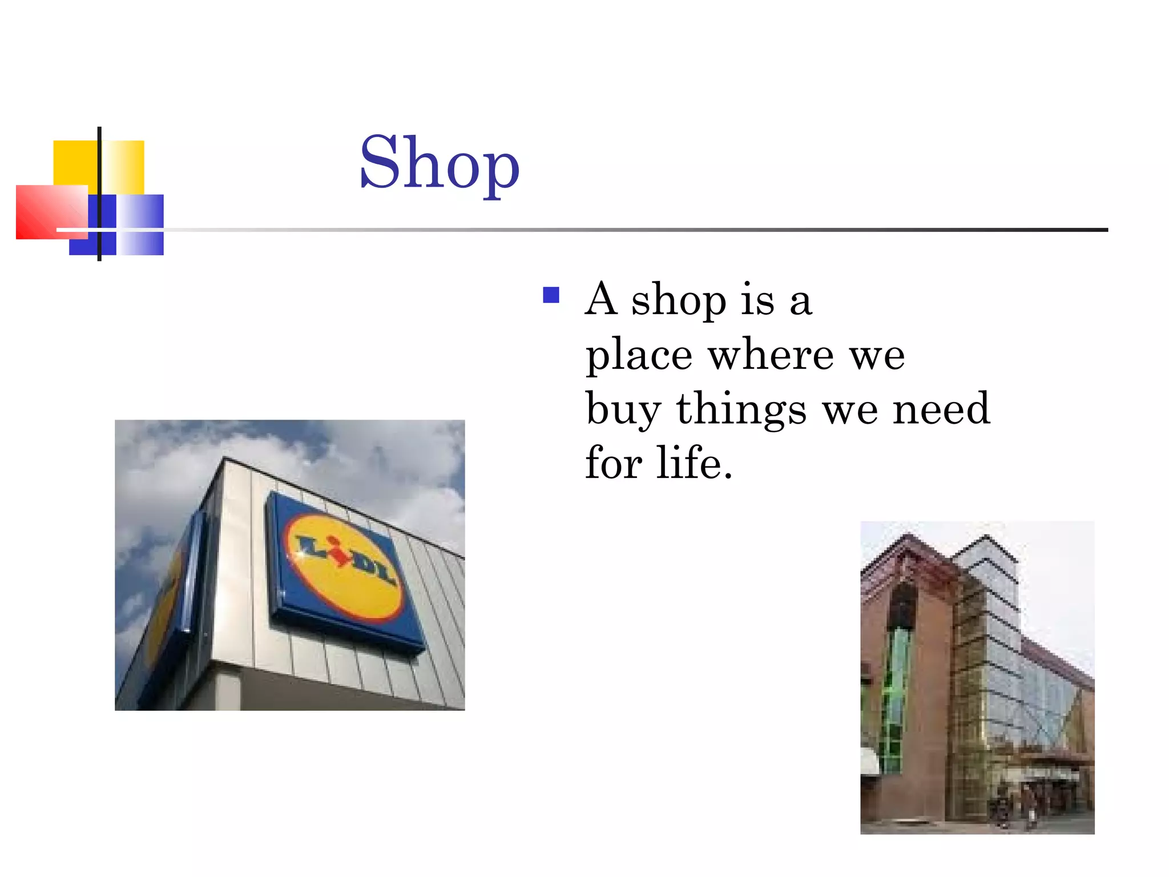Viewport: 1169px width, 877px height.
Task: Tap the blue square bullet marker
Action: tap(551, 295)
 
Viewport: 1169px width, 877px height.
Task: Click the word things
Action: tap(741, 410)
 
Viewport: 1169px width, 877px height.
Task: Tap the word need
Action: tap(941, 409)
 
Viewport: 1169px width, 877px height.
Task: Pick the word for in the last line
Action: tap(614, 462)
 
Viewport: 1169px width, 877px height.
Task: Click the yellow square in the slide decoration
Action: tap(75, 162)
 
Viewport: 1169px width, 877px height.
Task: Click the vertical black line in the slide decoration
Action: tap(99, 194)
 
